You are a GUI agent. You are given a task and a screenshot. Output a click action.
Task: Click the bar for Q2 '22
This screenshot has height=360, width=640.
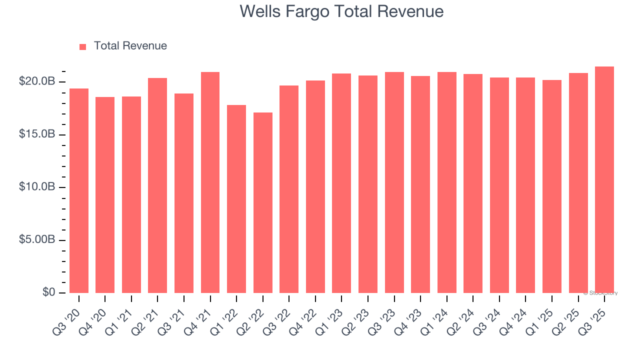coord(263,202)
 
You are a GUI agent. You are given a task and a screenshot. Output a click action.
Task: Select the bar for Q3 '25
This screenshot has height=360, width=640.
coord(604,179)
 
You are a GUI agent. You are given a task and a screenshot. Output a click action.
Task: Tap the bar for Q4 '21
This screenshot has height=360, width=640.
coord(210,182)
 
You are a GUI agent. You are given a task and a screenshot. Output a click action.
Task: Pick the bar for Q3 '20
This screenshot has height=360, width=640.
coord(79,190)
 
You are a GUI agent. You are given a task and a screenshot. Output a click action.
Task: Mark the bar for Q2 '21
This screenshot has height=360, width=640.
coord(157,185)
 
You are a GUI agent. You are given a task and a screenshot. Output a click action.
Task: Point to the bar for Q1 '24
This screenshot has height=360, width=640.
coord(447,182)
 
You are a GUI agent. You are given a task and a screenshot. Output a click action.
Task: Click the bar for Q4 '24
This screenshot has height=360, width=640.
coord(525,185)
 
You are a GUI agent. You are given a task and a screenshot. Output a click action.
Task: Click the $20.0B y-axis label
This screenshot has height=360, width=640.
coord(37,81)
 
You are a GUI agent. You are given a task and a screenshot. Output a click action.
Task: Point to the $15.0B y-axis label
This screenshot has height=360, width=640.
coord(37,134)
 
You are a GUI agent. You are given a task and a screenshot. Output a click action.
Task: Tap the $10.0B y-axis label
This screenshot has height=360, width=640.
coord(37,186)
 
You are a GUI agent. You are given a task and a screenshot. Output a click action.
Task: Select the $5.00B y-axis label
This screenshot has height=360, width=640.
coord(37,239)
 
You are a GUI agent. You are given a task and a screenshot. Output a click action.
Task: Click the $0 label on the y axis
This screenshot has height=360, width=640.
coord(48,292)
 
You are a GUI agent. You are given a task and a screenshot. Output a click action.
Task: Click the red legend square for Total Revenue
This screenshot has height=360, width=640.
coord(83,46)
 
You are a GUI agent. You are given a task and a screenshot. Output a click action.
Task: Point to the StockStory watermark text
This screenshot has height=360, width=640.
coord(600,293)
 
